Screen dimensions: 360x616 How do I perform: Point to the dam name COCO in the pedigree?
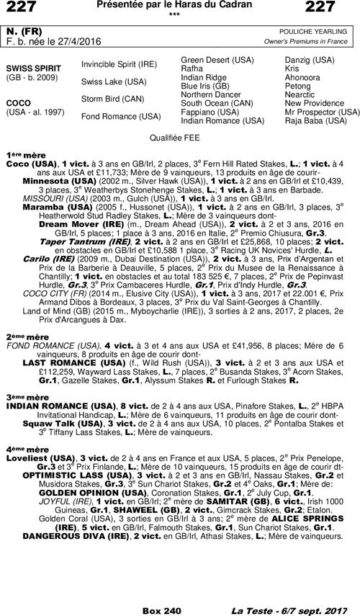[17, 103]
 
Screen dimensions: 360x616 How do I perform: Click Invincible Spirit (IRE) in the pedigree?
[119, 64]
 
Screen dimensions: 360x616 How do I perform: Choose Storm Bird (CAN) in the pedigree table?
[112, 99]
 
